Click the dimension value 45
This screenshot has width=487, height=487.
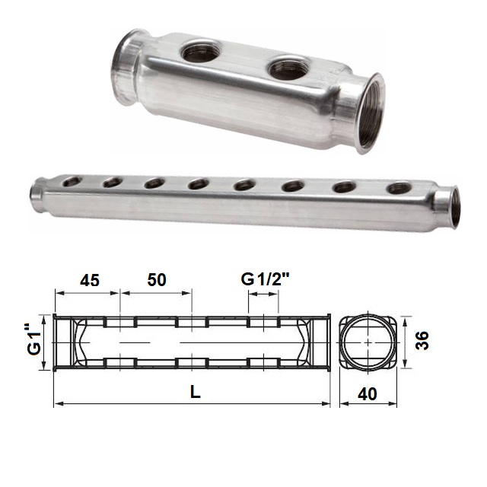(x=90, y=281)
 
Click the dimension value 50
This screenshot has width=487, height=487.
(x=157, y=280)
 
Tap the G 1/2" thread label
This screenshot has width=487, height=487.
(x=266, y=279)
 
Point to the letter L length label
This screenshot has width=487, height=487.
(x=196, y=393)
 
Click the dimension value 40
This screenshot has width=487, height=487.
(x=368, y=394)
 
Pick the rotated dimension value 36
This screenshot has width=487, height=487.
(x=422, y=341)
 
